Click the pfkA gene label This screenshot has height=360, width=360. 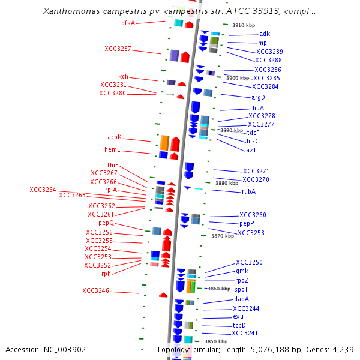tap(128, 23)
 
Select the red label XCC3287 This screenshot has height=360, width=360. tap(118, 49)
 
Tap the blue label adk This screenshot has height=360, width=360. tap(265, 34)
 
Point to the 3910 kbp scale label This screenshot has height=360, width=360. tap(244, 25)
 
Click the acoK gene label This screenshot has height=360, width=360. tap(115, 137)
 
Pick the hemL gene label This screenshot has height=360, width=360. tap(112, 149)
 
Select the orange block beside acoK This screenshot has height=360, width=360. tap(164, 143)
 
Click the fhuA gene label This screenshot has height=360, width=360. tap(257, 108)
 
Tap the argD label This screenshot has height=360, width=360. tap(258, 97)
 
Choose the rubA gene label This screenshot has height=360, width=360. tap(248, 191)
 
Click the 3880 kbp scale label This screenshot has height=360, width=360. tap(227, 183)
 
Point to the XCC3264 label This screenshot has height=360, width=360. tap(43, 190)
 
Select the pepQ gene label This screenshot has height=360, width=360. tap(106, 223)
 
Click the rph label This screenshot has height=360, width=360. tap(106, 274)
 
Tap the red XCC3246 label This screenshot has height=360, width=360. tap(96, 290)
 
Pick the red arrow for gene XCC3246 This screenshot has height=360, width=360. tap(163, 295)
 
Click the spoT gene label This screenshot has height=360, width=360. tap(241, 290)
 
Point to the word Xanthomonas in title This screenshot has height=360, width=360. tap(71, 11)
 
